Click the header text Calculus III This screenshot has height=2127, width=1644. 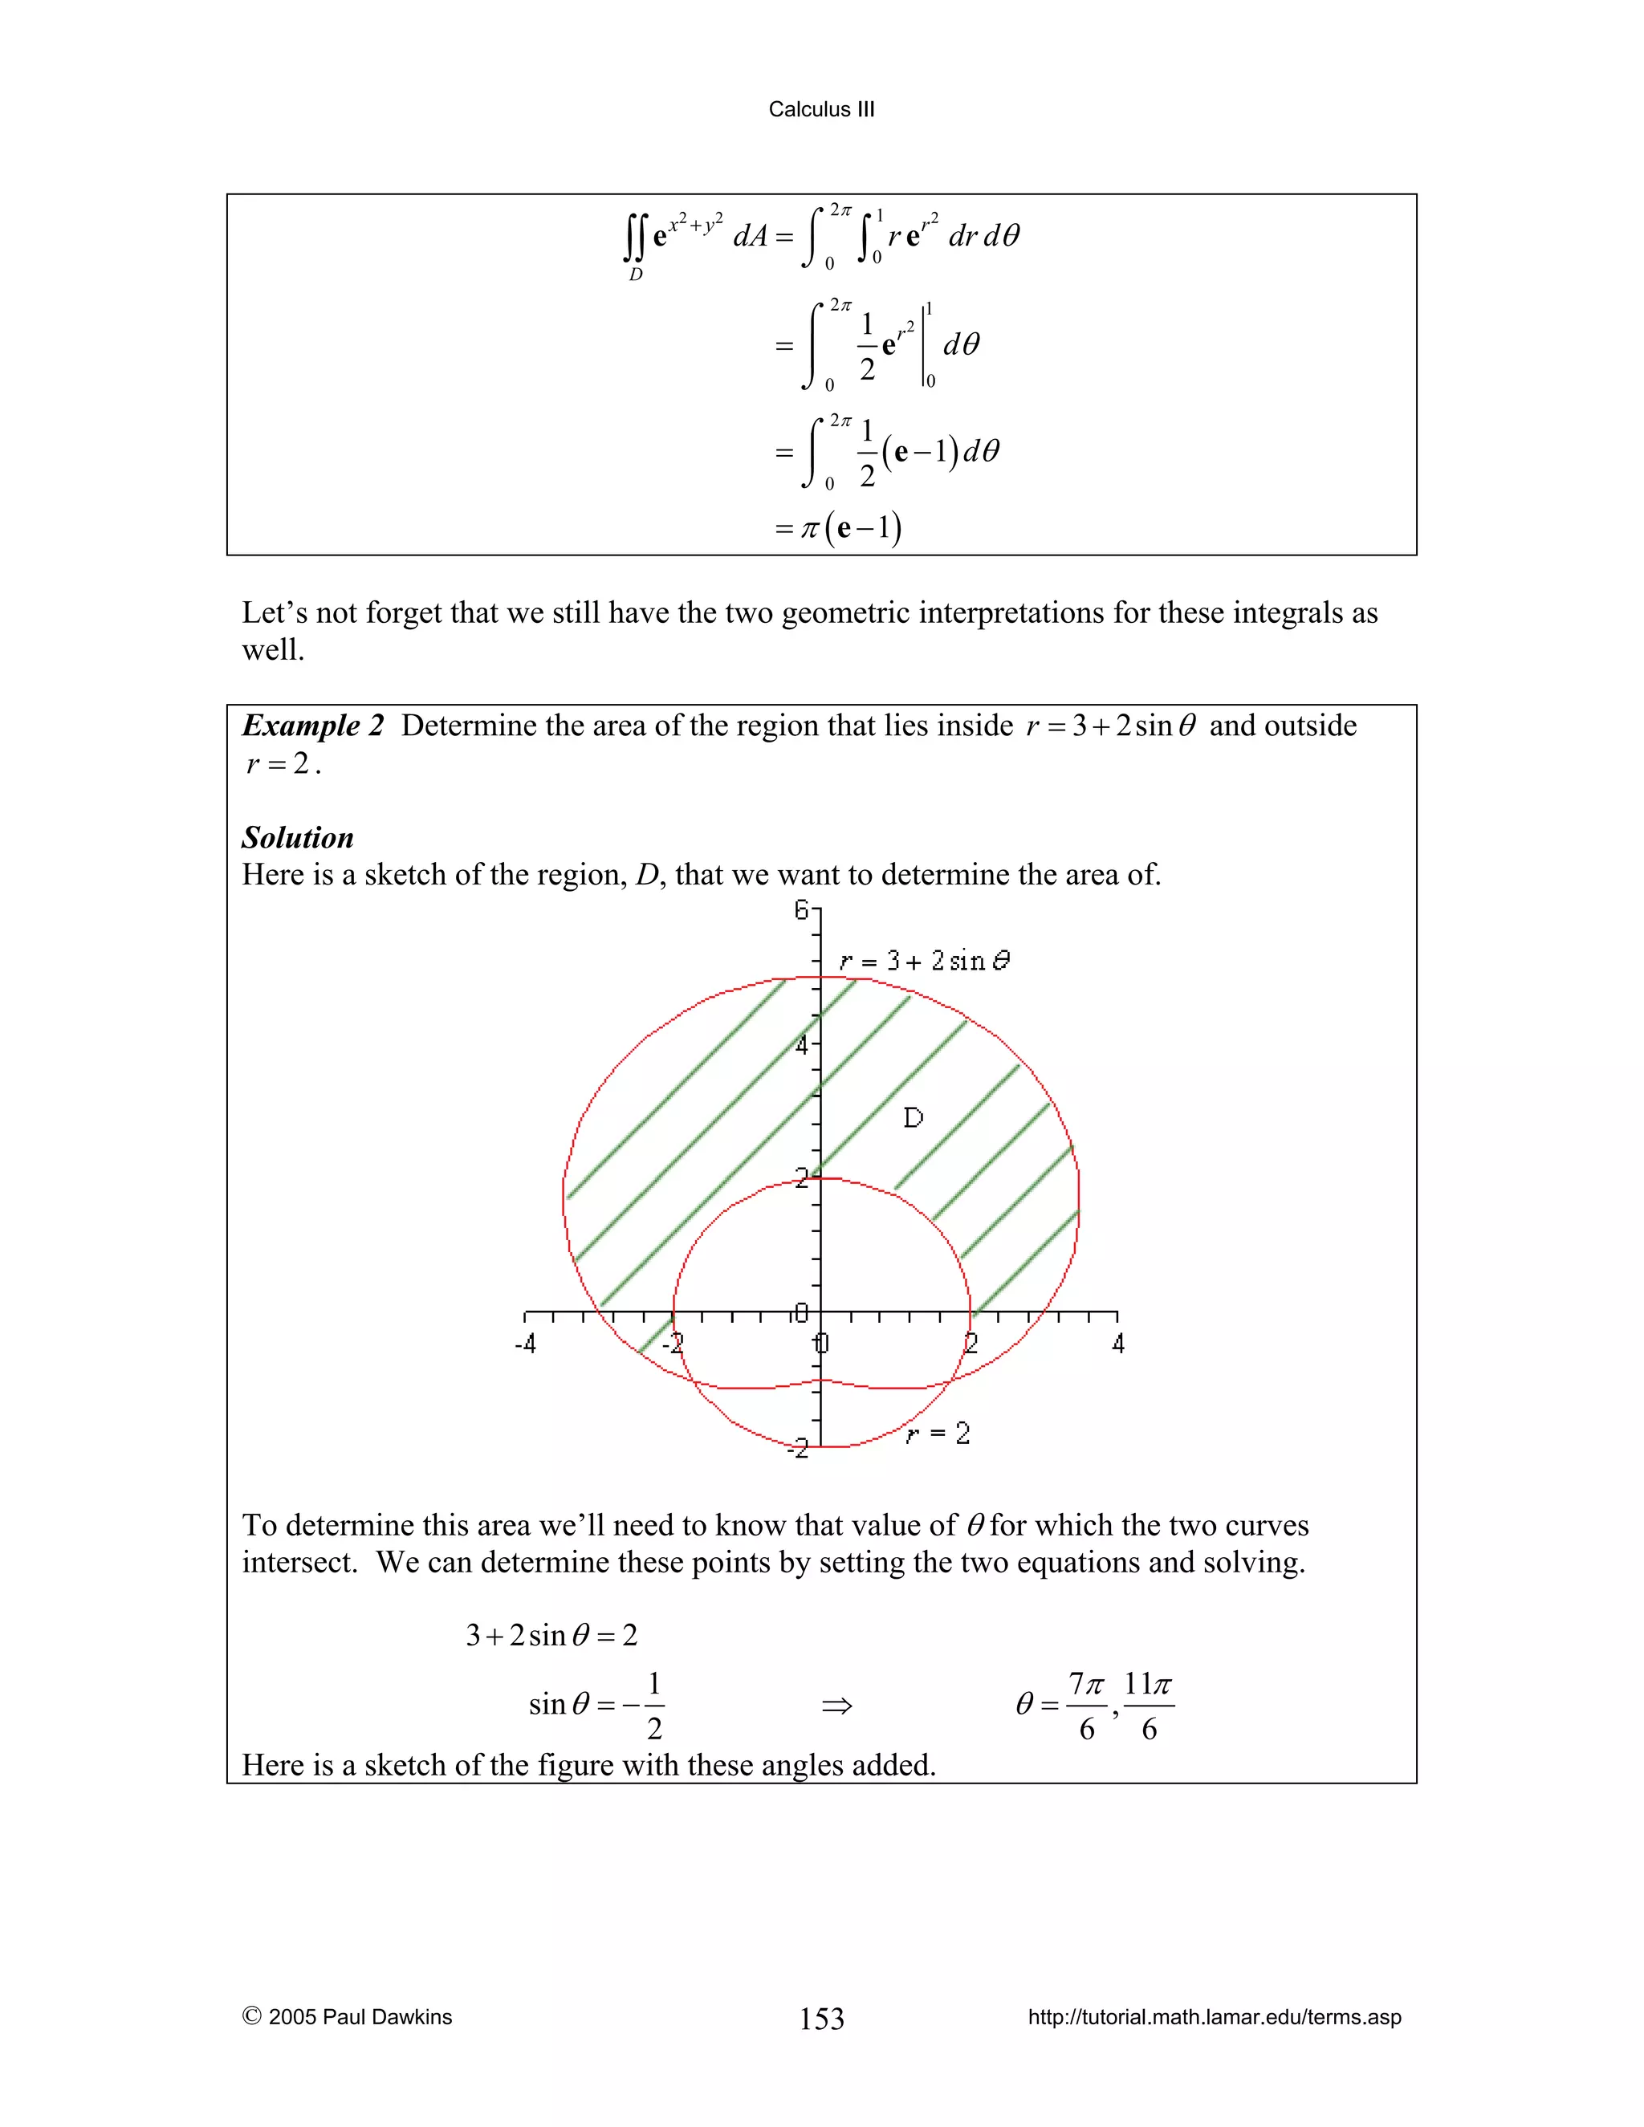[821, 109]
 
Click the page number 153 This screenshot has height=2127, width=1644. [821, 2018]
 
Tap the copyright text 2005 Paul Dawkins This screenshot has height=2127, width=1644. [360, 2017]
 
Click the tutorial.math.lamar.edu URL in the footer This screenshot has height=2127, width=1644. [1215, 2017]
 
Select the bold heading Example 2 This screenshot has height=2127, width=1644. [312, 726]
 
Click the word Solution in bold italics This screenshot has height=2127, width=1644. [297, 837]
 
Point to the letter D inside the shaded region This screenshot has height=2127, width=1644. [913, 1117]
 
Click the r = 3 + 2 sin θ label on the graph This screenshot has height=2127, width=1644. [923, 962]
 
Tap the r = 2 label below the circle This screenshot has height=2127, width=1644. [938, 1434]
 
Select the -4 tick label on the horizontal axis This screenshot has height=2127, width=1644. [525, 1344]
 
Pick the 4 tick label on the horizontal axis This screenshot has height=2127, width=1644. [1118, 1344]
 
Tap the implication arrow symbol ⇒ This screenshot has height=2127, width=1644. [836, 1706]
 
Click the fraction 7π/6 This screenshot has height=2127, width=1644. [1086, 1706]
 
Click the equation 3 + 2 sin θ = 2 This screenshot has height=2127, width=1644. [551, 1635]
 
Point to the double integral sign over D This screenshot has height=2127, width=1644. [634, 238]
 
